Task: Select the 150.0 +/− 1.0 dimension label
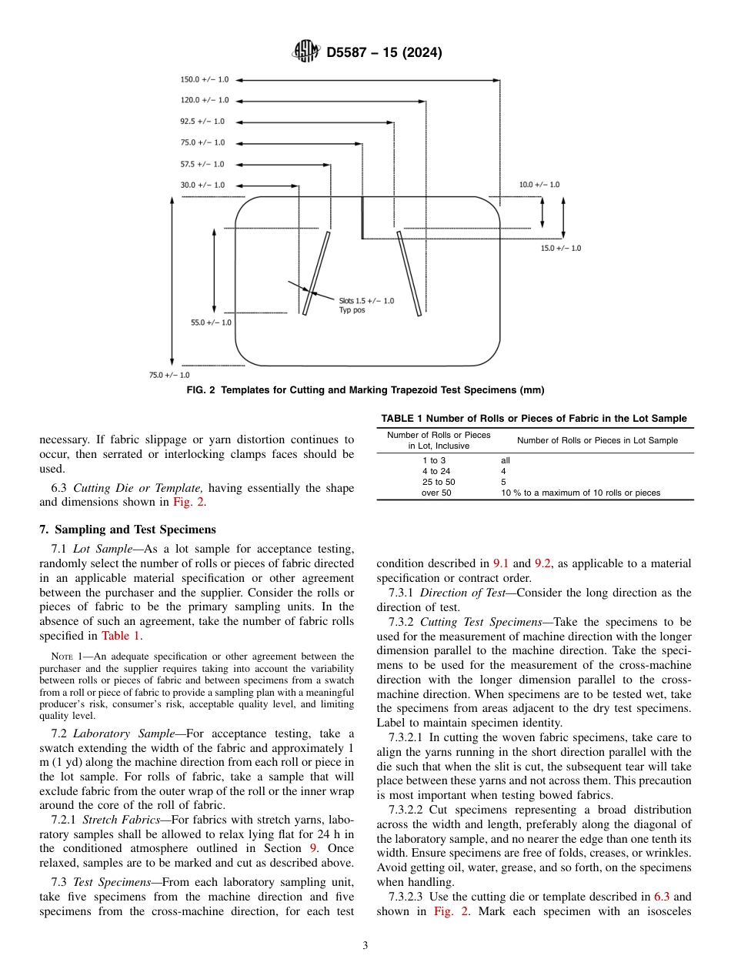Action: click(204, 79)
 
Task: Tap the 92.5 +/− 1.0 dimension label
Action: click(202, 122)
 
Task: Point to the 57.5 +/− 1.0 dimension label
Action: click(202, 164)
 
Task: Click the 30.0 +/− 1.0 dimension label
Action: click(202, 185)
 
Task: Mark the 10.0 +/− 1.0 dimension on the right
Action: click(539, 185)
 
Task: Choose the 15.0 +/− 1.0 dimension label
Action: click(561, 248)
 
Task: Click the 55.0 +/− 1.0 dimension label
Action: click(211, 322)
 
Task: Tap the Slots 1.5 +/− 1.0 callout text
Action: click(366, 305)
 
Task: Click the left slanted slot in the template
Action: click(316, 273)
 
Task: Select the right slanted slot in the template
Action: click(409, 273)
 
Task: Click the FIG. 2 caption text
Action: click(365, 390)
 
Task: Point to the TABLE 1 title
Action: click(534, 419)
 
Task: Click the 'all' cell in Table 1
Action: click(506, 460)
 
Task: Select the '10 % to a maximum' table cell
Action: click(580, 493)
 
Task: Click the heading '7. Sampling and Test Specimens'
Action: click(127, 530)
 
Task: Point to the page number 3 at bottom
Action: click(365, 946)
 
